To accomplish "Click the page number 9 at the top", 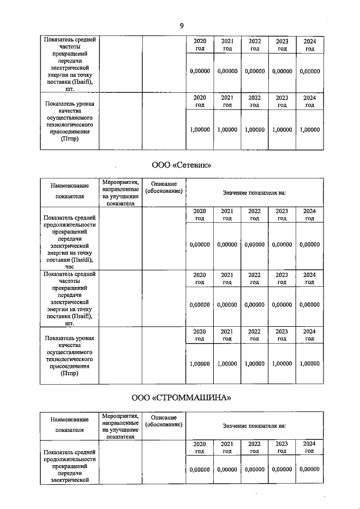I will [x=182, y=25].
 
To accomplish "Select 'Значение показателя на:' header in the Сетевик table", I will [x=254, y=192].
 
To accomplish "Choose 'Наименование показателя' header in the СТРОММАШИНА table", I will [x=69, y=425].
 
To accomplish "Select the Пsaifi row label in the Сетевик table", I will [x=69, y=298].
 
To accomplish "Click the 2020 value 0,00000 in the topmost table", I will [x=200, y=71].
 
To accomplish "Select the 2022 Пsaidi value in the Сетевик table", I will [x=254, y=245].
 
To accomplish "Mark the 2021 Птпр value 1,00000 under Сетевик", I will [x=227, y=363].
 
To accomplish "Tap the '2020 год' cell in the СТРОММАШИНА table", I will [x=200, y=448].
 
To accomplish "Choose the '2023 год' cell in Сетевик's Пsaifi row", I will [x=282, y=278].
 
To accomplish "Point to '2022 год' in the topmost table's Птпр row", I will [x=254, y=101].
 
